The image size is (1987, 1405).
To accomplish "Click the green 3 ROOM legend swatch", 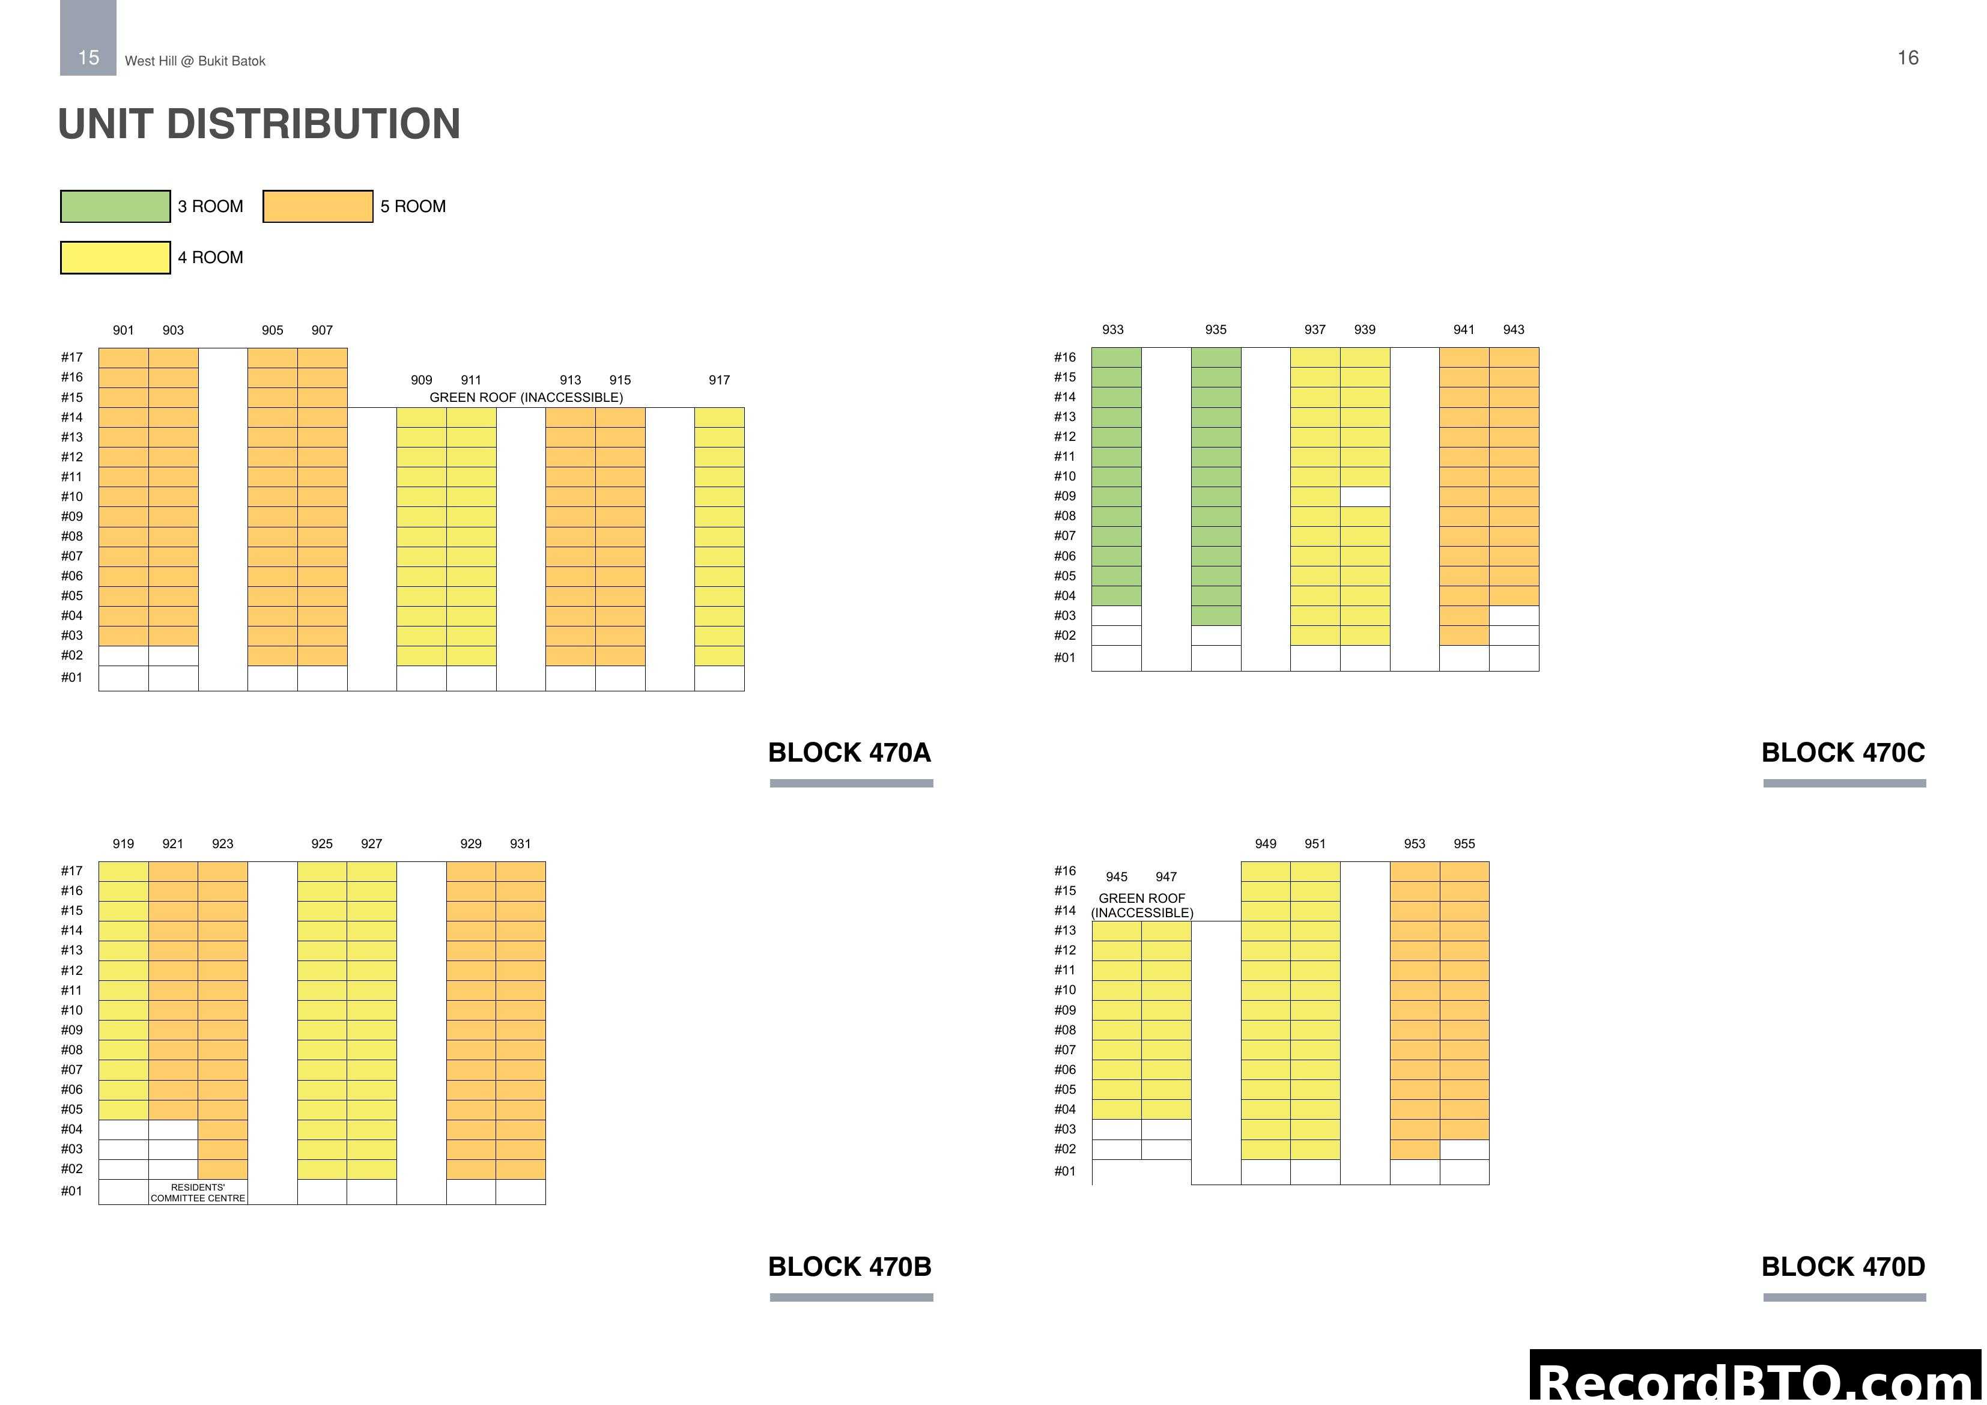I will [x=115, y=206].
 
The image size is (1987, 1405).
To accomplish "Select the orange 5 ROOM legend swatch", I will [x=318, y=206].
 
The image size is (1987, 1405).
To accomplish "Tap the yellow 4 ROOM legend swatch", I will [x=115, y=257].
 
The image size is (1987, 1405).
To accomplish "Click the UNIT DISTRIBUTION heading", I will [x=259, y=124].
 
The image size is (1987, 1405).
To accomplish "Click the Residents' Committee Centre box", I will [x=198, y=1192].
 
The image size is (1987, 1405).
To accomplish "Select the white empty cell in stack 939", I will [x=1365, y=496].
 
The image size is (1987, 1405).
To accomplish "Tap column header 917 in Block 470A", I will [x=719, y=380].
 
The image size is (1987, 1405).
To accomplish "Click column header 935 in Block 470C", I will [x=1216, y=330].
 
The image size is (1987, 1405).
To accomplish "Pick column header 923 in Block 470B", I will [x=222, y=844].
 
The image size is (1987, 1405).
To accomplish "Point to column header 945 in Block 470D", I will [x=1117, y=877].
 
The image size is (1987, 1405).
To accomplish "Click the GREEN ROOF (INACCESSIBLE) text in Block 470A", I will [x=526, y=397].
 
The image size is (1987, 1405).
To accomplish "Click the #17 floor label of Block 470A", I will [x=72, y=357].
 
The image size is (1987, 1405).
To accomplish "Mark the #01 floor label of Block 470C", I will [x=1064, y=658].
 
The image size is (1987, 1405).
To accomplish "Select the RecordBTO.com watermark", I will [x=1757, y=1381].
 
